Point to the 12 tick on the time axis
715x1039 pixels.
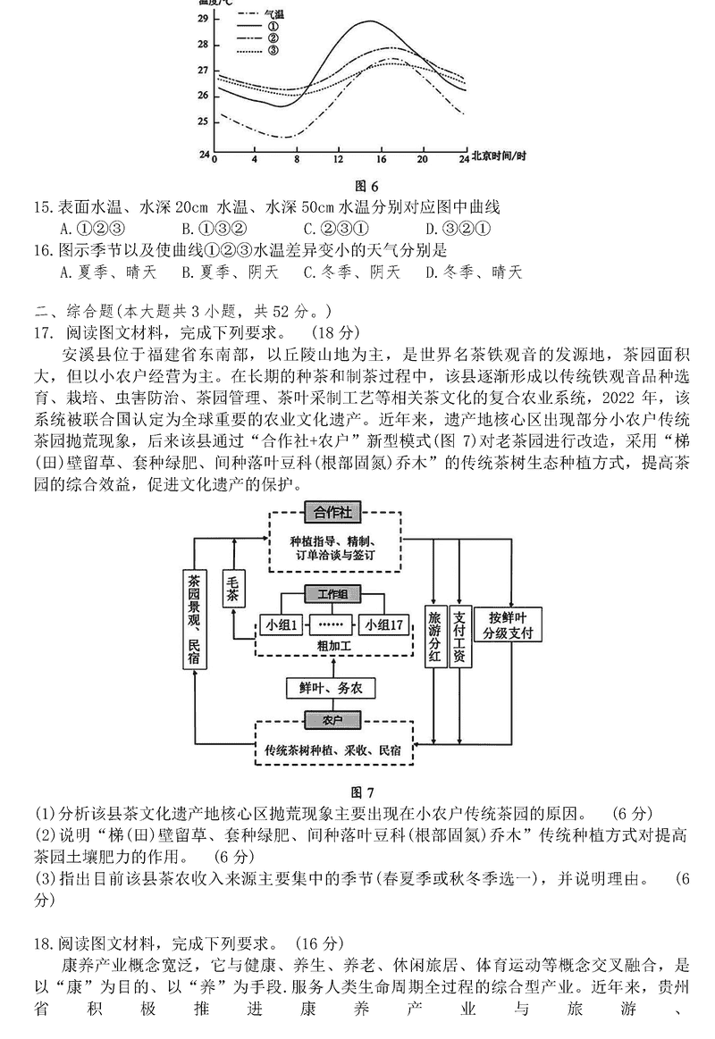pos(338,159)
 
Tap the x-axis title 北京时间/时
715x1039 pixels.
pos(498,156)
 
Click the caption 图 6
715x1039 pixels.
pos(367,186)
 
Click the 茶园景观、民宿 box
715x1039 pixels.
pos(194,618)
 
